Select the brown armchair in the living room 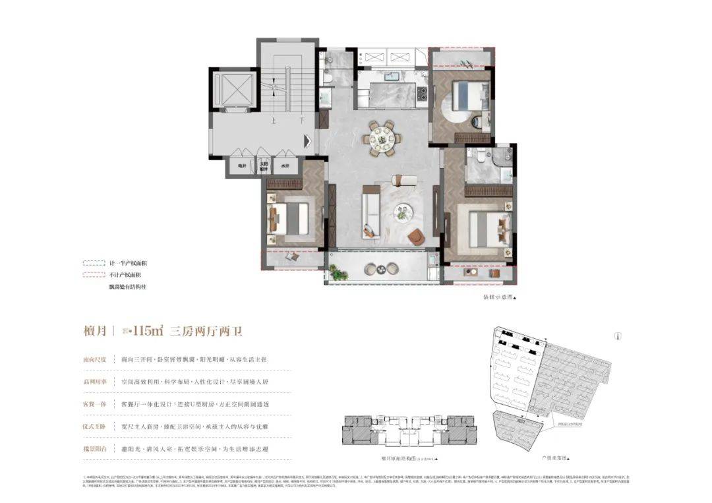click(x=416, y=236)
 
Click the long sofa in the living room click(x=369, y=212)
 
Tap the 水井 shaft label click(x=285, y=167)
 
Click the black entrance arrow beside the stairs click(x=307, y=140)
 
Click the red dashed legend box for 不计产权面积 click(x=93, y=274)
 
